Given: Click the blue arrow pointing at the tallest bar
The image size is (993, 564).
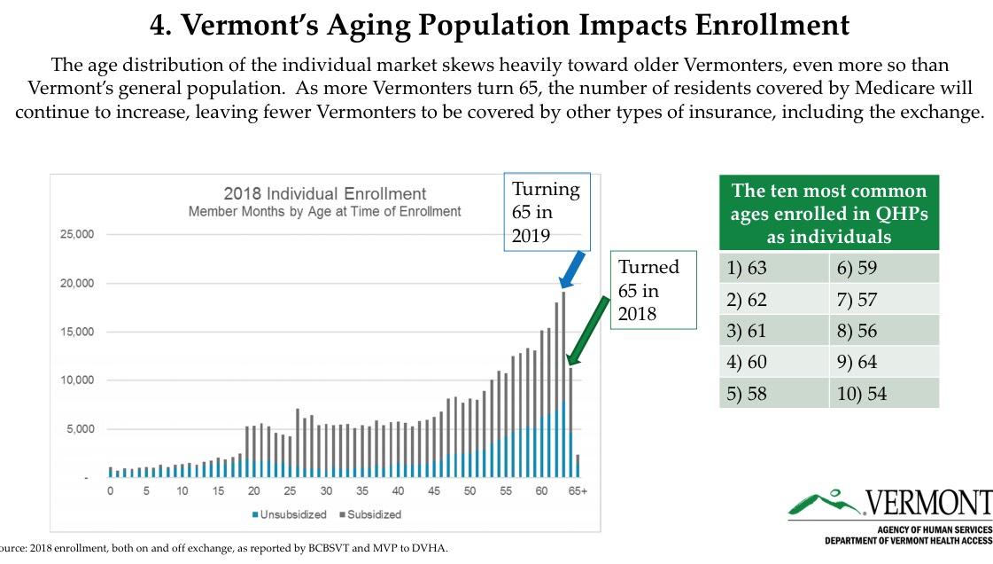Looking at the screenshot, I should point(573,269).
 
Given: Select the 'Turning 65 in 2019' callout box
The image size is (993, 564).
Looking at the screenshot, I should point(547,212).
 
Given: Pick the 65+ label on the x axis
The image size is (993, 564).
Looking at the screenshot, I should point(578,491).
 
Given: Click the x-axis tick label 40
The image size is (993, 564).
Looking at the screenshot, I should point(398,491).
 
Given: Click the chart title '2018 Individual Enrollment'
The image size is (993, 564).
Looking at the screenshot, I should point(324,193).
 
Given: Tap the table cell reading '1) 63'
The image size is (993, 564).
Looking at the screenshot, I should point(774,267).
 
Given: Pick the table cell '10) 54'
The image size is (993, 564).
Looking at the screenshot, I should point(883,393).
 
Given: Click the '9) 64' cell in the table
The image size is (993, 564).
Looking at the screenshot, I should point(883,361).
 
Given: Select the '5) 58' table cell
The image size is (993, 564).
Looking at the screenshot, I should point(774,393).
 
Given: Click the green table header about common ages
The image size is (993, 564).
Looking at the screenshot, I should point(828,213).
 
